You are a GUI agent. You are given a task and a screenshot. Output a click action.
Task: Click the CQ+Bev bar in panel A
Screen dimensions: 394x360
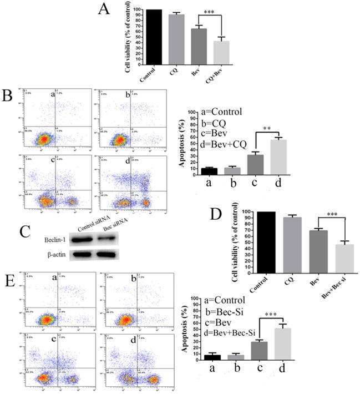(221, 53)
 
